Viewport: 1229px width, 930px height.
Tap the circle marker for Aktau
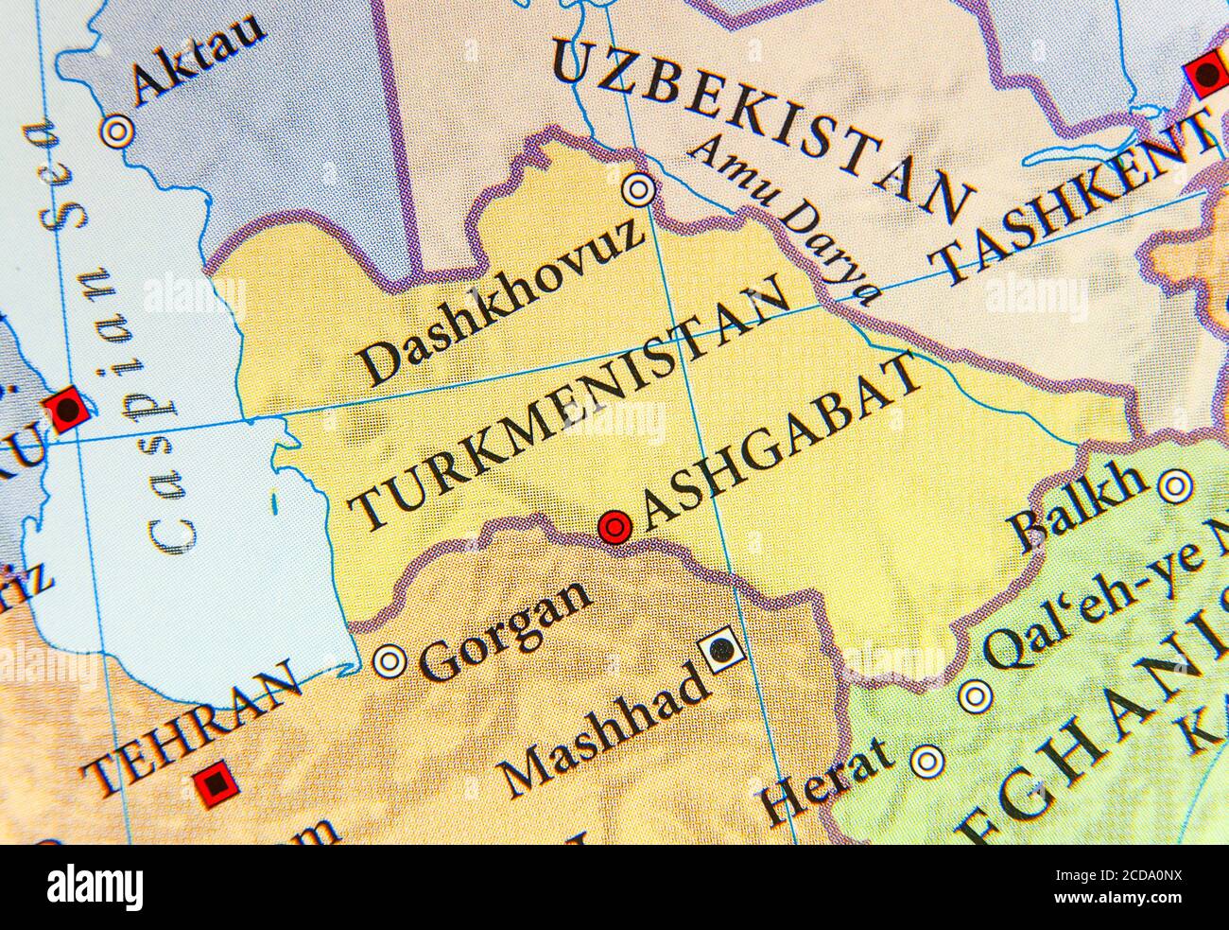118,132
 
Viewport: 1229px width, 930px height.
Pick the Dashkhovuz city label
501,303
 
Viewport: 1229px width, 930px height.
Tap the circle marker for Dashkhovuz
640,190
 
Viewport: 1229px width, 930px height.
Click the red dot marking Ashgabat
614,525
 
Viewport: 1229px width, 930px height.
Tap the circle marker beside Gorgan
389,660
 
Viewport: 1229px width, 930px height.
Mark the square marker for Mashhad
723,649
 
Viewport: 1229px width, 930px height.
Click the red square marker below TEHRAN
216,783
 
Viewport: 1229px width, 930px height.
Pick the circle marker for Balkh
1173,487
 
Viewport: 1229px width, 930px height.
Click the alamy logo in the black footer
95,887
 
